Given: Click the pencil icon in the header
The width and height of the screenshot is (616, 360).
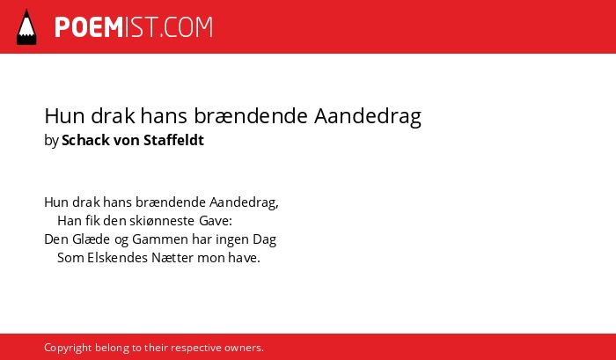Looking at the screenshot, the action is [x=26, y=26].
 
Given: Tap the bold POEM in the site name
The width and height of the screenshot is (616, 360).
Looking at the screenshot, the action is [x=89, y=27].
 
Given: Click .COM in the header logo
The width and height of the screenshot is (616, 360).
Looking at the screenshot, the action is [x=187, y=27].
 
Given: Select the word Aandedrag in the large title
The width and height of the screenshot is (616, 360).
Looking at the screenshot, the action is [x=367, y=117].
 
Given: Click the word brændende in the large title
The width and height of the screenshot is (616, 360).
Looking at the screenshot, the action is [x=251, y=116].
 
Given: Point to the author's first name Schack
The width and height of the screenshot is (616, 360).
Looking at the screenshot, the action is [x=85, y=140].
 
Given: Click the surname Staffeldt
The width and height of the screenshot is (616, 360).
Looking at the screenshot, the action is [x=173, y=140].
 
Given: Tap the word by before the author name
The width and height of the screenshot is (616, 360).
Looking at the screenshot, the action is [x=51, y=141].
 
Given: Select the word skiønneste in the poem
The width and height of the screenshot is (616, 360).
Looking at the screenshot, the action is [x=162, y=221].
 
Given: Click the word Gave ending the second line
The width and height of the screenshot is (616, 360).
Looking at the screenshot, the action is [x=216, y=221].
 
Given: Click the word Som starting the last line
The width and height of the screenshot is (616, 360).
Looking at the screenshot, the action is [x=70, y=258].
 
